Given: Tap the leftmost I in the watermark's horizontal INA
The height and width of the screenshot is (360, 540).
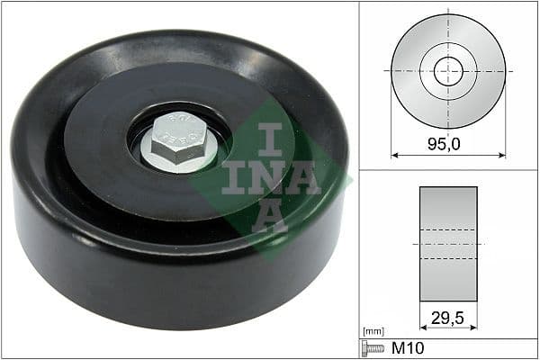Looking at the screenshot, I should pos(233,175).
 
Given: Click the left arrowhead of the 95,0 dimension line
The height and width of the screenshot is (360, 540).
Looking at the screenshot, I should pos(394,154).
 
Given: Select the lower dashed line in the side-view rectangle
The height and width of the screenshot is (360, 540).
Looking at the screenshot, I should pos(448,258).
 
